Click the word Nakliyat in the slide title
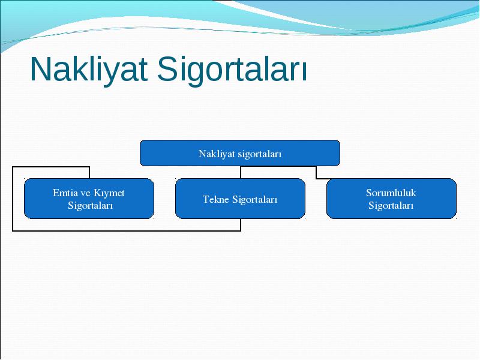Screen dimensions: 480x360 (89, 69)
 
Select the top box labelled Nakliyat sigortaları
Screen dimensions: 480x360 (240, 153)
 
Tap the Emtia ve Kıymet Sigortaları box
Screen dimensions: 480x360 (89, 199)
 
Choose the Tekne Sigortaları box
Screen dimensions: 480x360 (241, 199)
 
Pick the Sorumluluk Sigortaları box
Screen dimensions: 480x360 (392, 199)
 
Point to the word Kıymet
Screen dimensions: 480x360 (109, 193)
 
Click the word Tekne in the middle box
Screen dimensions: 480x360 (216, 199)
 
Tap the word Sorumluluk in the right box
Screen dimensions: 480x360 (391, 193)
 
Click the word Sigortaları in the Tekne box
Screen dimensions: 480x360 (254, 200)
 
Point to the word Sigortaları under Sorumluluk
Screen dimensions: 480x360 (391, 206)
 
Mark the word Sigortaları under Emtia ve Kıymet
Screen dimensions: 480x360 (91, 206)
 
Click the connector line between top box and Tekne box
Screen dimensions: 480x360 (241, 172)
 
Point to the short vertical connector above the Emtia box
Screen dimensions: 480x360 (89, 172)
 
